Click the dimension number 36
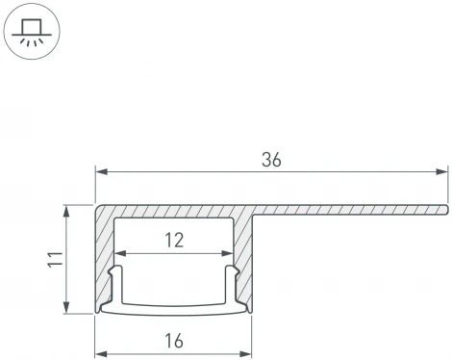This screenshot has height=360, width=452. (x=271, y=162)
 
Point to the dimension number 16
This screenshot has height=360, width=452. (x=173, y=340)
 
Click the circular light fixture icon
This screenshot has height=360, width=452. (x=32, y=32)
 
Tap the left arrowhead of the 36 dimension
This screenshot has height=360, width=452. (x=100, y=172)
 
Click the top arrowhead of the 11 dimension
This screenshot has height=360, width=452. (x=66, y=210)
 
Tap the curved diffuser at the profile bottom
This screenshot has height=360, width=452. (x=173, y=310)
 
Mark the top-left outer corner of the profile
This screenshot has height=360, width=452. (x=97, y=206)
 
